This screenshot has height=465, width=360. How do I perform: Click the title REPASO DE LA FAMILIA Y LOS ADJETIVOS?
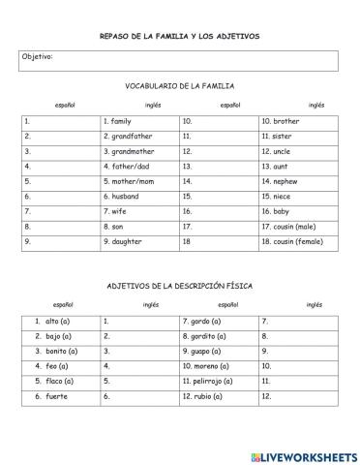179,36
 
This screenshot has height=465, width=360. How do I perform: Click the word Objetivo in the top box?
38,56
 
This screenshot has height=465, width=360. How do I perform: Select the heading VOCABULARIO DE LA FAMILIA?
179,86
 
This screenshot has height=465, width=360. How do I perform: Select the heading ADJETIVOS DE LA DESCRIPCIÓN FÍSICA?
179,286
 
